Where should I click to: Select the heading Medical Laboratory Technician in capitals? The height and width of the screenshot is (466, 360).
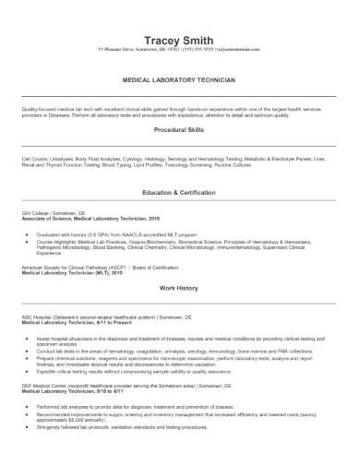pos(179,81)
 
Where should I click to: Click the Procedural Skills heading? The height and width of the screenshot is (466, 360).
pos(179,130)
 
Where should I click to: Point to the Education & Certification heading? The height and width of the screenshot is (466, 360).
pos(179,218)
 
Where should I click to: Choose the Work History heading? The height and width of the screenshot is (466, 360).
pos(179,313)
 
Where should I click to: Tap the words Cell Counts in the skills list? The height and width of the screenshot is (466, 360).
pos(35,158)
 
